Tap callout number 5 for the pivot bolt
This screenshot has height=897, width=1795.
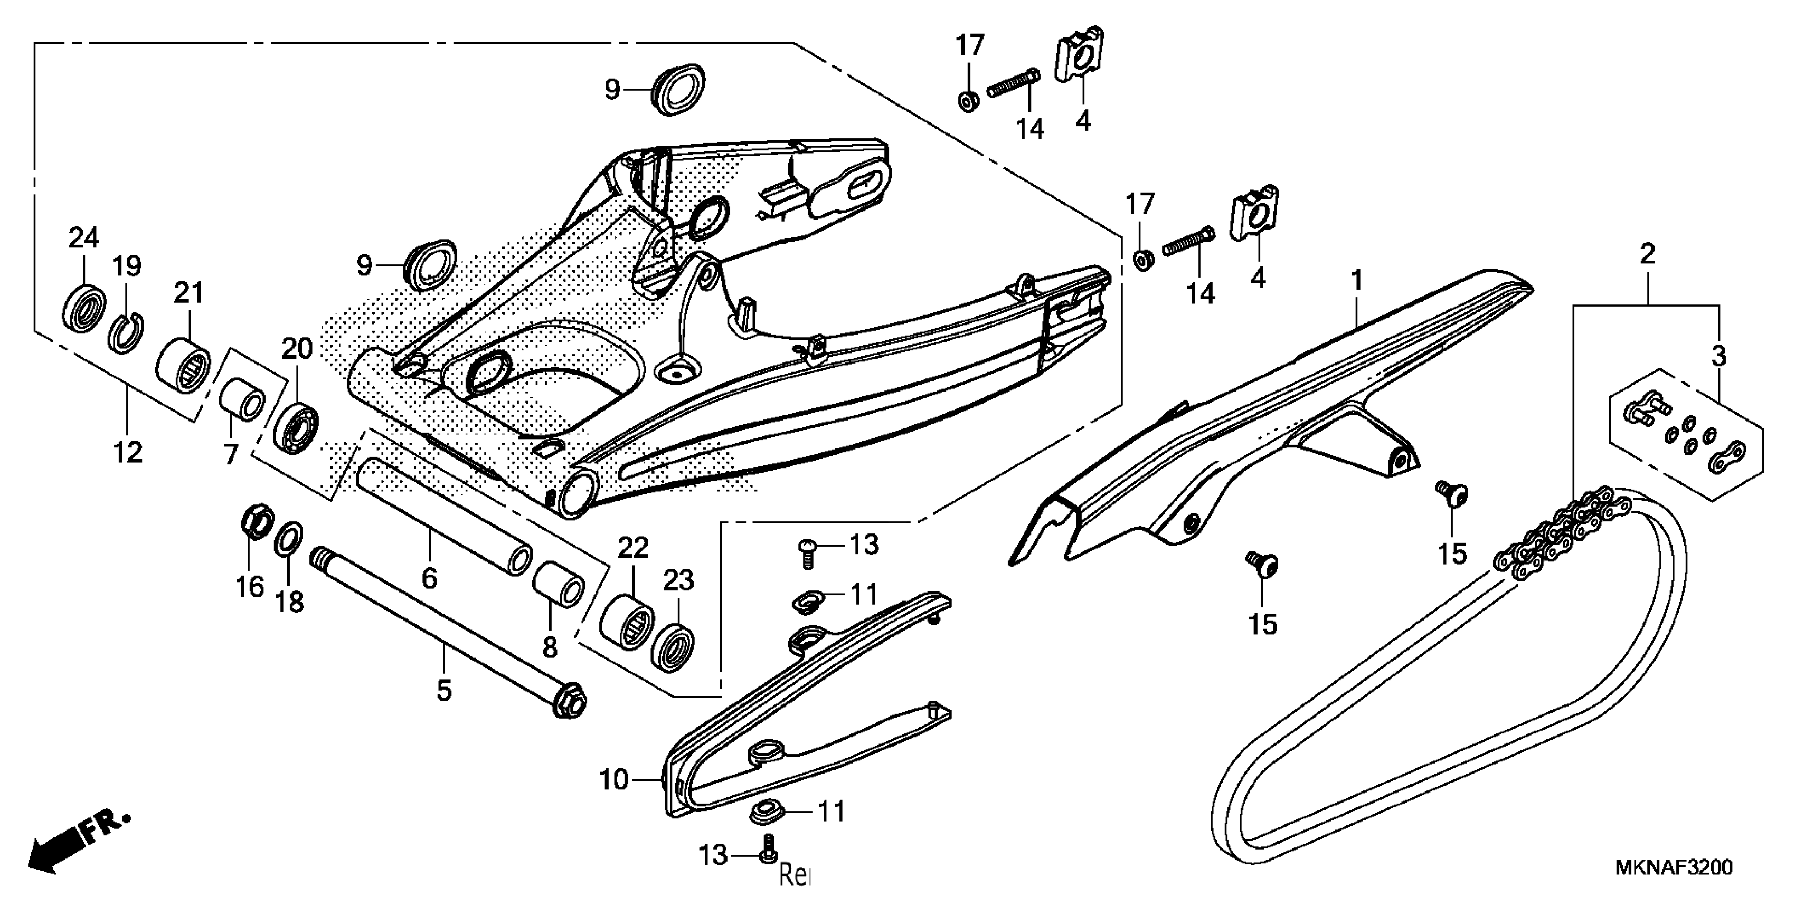click(x=445, y=690)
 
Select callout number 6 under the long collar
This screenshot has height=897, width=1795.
click(x=429, y=577)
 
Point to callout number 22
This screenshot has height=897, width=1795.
click(x=632, y=548)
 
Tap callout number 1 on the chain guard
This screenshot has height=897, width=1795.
click(x=1356, y=281)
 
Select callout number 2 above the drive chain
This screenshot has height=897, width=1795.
click(x=1647, y=254)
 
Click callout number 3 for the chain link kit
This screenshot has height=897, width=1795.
click(x=1718, y=356)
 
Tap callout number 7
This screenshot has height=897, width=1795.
click(x=231, y=454)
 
